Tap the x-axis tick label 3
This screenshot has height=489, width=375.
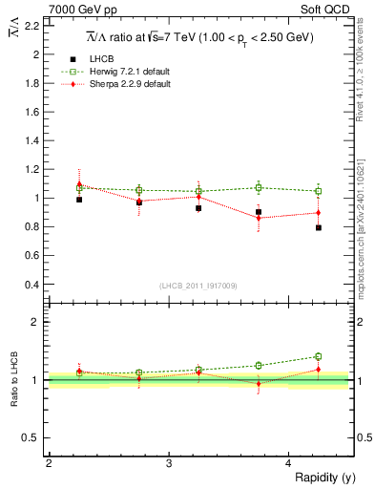169,463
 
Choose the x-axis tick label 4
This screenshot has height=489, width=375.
289,463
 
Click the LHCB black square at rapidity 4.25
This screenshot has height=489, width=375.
319,228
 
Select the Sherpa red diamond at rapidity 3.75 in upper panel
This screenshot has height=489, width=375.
259,218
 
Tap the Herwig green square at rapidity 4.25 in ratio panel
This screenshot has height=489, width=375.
319,356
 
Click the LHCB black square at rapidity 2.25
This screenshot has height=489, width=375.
79,200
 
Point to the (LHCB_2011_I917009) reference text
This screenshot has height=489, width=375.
198,286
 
